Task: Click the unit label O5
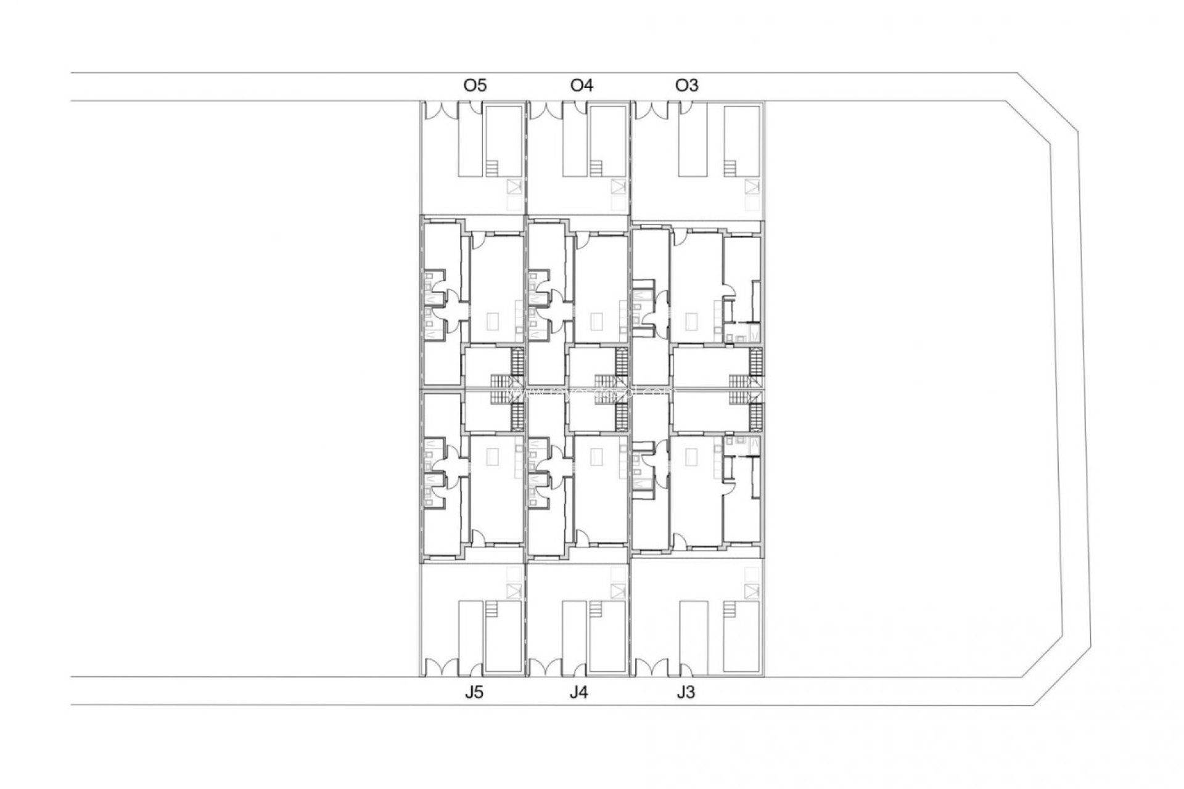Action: click(x=475, y=85)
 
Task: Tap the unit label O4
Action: click(x=582, y=85)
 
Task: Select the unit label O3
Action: click(x=687, y=85)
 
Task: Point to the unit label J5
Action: click(x=474, y=693)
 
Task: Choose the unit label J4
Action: click(x=578, y=693)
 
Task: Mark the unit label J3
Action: click(x=685, y=693)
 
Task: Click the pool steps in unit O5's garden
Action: click(x=491, y=168)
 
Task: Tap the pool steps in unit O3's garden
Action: click(x=730, y=168)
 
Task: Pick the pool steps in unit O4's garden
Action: click(x=596, y=168)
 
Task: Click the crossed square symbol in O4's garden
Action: click(x=619, y=186)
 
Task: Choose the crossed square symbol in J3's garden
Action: click(x=752, y=591)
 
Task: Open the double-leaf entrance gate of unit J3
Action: click(x=652, y=668)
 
